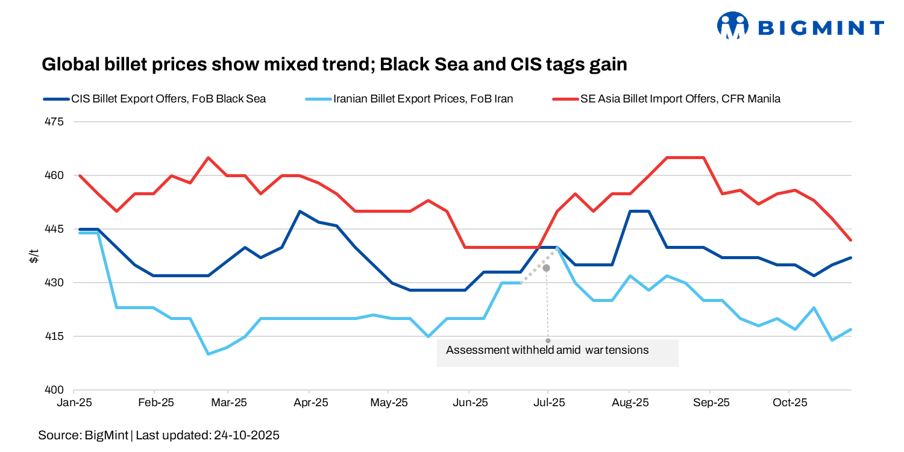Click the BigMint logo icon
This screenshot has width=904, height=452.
click(732, 26)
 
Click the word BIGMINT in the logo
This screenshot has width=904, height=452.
click(820, 28)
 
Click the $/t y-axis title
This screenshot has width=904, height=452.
click(34, 256)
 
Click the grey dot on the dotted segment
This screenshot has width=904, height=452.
click(547, 268)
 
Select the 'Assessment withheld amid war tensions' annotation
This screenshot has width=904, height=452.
click(547, 350)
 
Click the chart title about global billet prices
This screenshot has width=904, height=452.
click(334, 64)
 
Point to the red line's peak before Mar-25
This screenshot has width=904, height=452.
click(209, 158)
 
